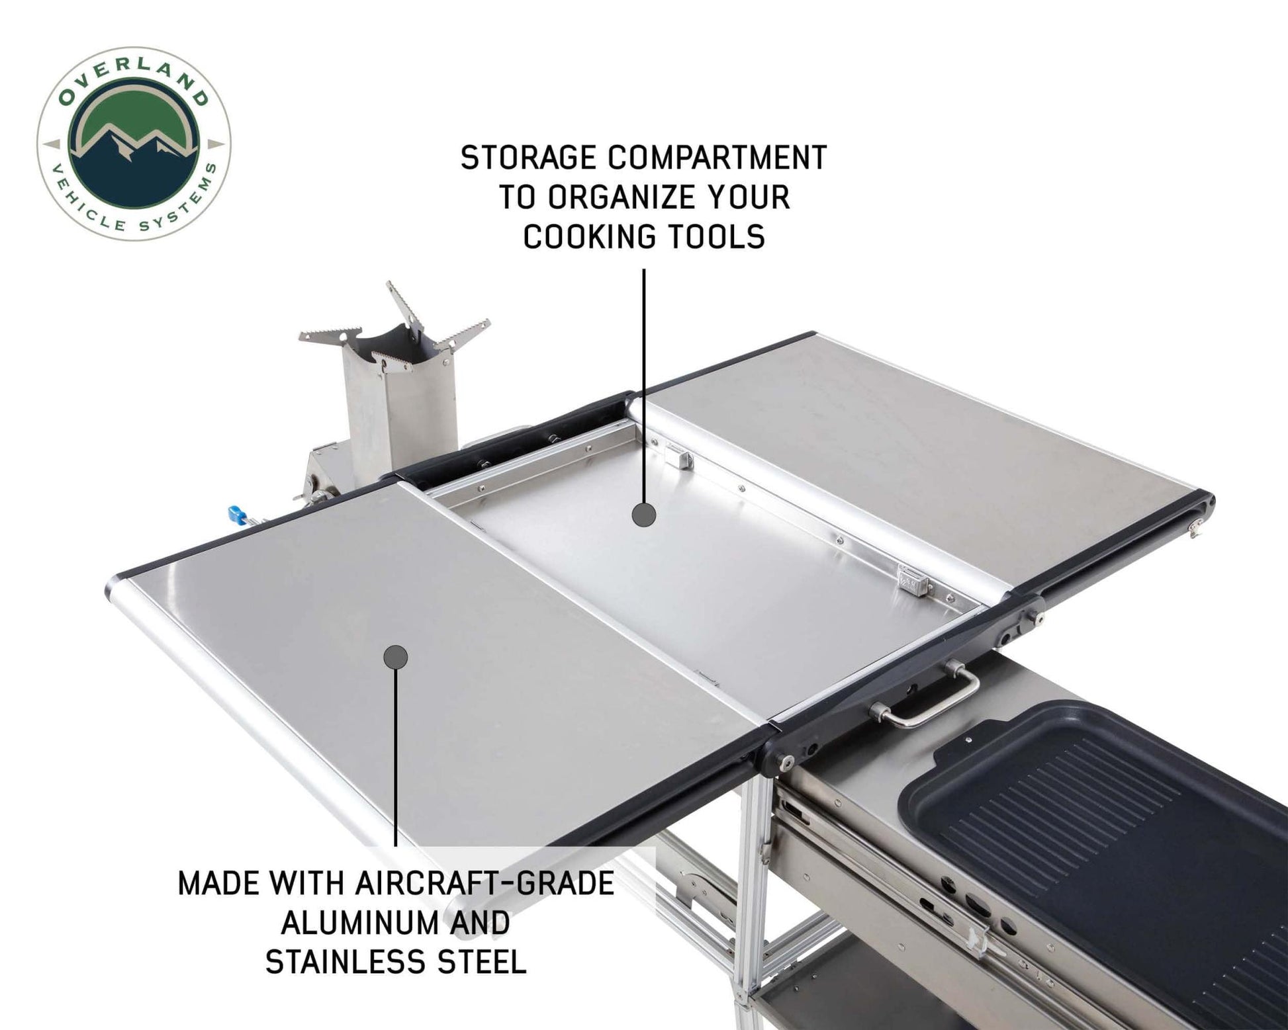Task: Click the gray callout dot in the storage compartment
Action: [x=643, y=514]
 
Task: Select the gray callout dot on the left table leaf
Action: [x=396, y=656]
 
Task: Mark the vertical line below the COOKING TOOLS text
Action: [x=643, y=384]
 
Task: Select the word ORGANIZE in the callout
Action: [x=616, y=197]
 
